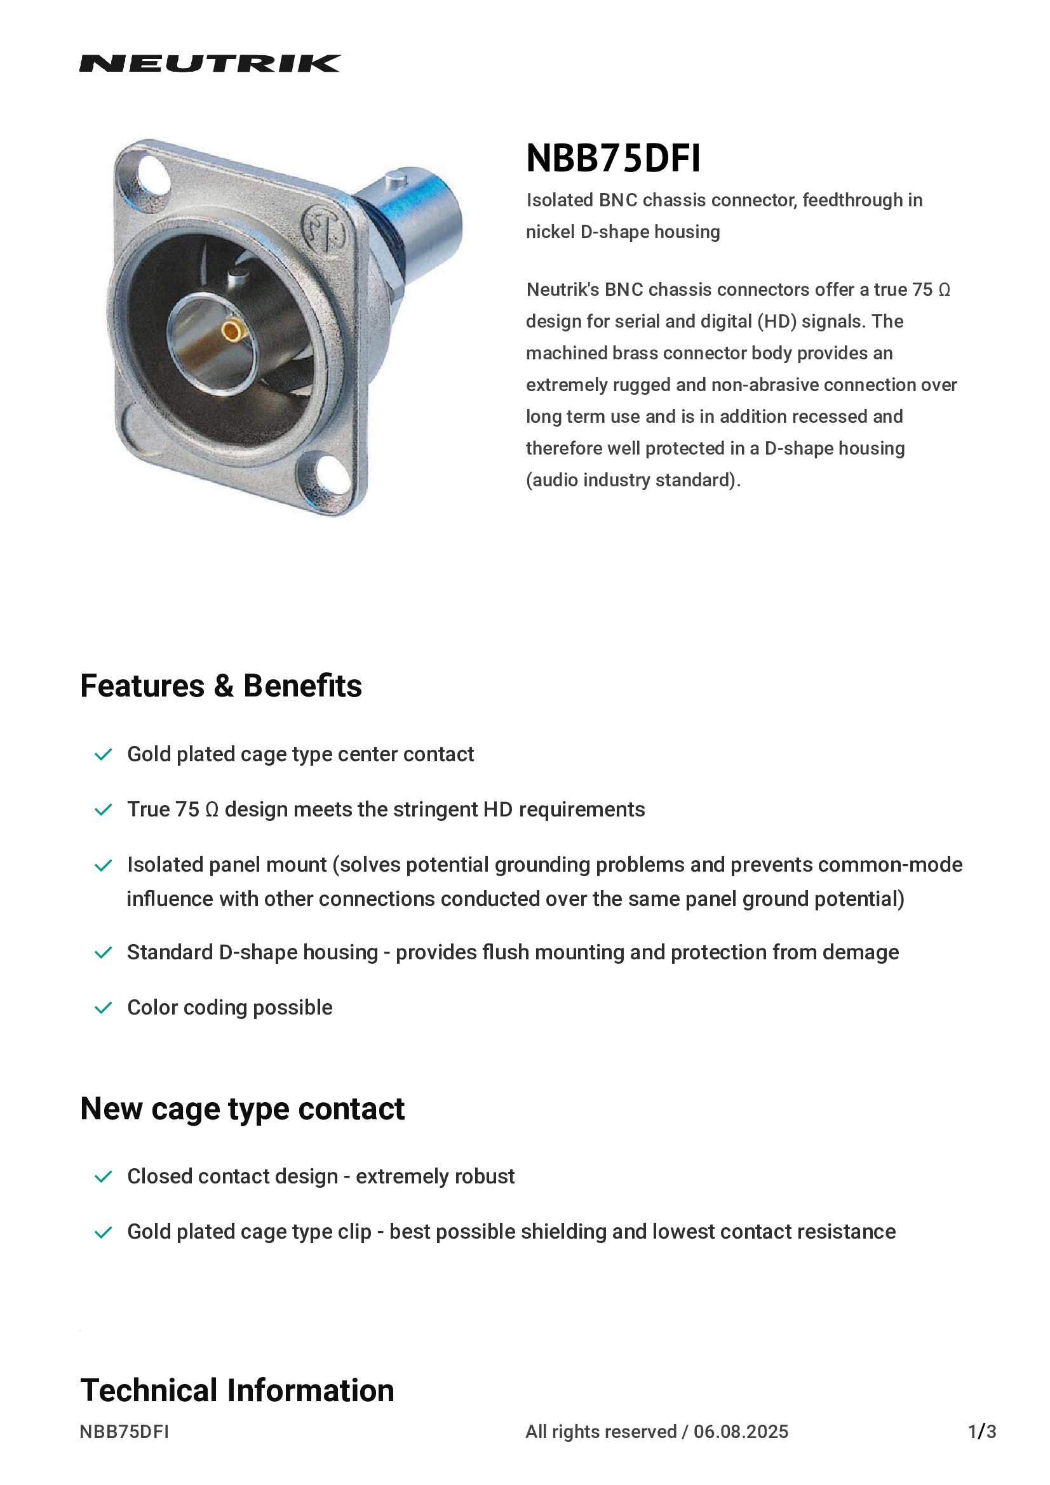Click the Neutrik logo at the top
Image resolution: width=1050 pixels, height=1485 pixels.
[x=210, y=63]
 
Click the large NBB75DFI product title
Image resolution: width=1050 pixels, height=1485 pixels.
[x=613, y=159]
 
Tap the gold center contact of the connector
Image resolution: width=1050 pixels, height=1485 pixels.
[x=232, y=332]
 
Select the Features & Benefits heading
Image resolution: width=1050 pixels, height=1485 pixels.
[x=220, y=686]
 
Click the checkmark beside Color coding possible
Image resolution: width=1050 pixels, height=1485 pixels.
[x=104, y=1008]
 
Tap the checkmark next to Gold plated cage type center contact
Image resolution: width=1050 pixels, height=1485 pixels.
[x=104, y=755]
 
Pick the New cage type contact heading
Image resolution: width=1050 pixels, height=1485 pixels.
[x=242, y=1109]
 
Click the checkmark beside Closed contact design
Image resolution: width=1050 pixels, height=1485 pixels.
[x=104, y=1176]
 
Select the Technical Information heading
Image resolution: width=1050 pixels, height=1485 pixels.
[x=237, y=1390]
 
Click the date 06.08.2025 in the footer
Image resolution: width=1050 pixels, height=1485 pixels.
[x=741, y=1432]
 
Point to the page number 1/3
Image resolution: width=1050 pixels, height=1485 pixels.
[x=981, y=1432]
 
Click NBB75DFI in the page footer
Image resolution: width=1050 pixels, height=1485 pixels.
[x=125, y=1432]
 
